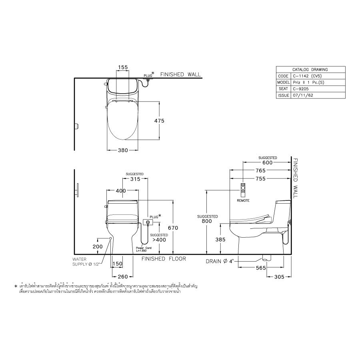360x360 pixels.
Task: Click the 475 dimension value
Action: tap(159, 120)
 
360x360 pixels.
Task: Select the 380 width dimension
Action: tap(123, 150)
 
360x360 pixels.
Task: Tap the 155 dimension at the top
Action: tap(123, 68)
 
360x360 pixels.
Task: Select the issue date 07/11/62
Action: tap(303, 96)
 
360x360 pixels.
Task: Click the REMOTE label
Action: tap(243, 200)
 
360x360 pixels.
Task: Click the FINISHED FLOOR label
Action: tap(164, 259)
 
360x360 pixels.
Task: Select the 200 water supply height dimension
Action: tap(98, 247)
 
